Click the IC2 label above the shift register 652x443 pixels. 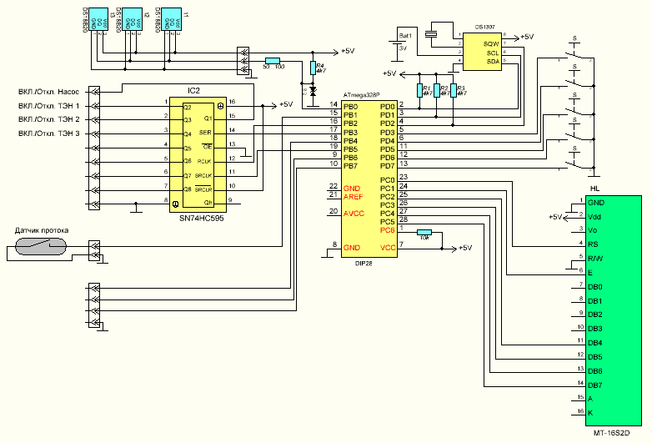[193, 89]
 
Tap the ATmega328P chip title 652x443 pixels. [365, 97]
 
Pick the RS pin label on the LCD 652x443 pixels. [593, 244]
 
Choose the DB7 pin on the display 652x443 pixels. [595, 385]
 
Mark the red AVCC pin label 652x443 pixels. [354, 213]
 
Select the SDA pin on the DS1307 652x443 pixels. [493, 62]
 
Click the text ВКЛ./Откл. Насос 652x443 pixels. [49, 92]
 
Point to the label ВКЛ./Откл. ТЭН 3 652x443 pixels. [49, 133]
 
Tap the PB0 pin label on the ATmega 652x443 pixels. [350, 107]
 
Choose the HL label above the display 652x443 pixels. [594, 189]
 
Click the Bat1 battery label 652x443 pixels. [406, 37]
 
